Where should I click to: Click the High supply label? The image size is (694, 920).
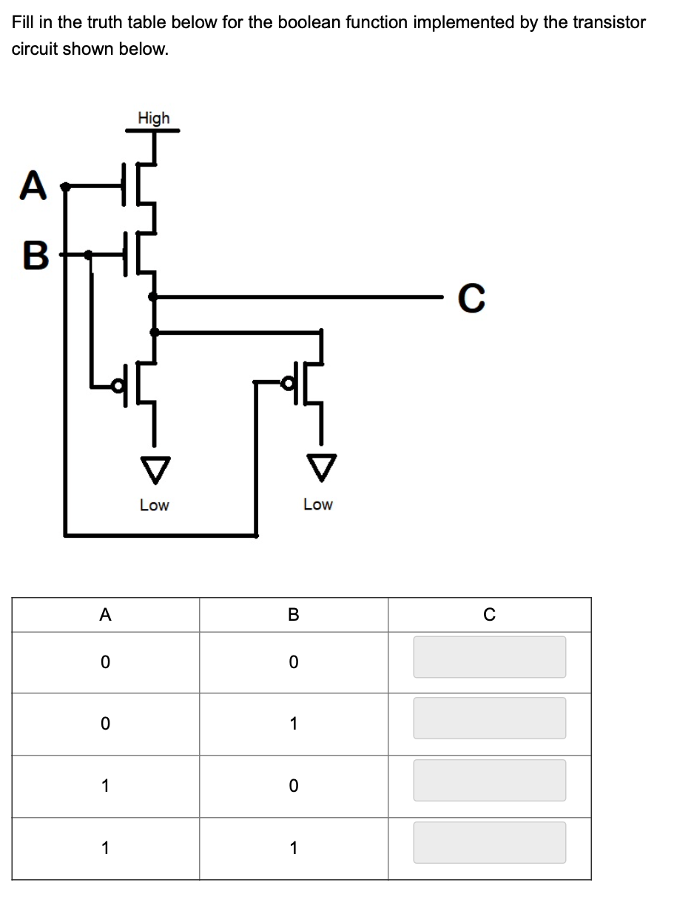(153, 118)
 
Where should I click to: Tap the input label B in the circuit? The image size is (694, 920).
(34, 256)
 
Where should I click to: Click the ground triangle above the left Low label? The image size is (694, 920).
(154, 467)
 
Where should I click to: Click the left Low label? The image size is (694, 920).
(154, 505)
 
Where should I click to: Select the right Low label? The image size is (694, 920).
(318, 504)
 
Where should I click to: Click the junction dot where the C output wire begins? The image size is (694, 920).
(153, 297)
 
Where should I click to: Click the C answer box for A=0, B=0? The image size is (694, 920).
(489, 657)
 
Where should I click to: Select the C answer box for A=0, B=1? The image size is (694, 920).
(489, 718)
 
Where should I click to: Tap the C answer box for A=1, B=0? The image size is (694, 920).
(489, 780)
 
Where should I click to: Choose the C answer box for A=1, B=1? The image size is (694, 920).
(489, 842)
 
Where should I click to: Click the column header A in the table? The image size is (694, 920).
(105, 615)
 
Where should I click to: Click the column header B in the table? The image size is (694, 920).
(293, 615)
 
